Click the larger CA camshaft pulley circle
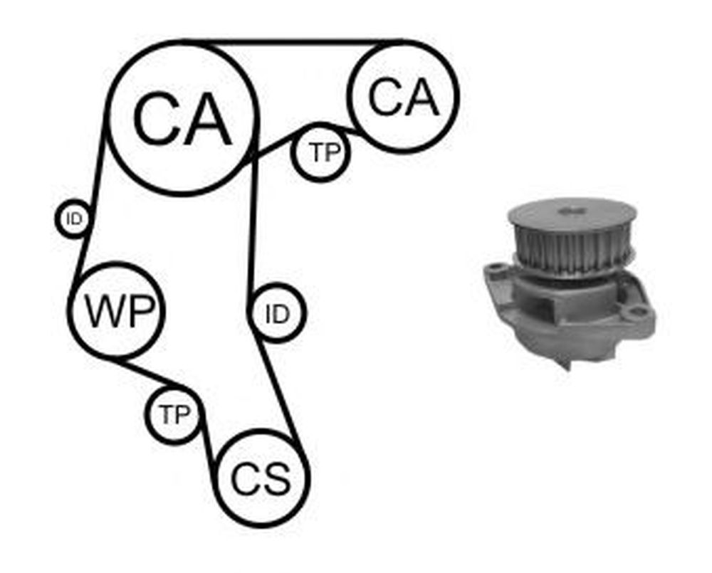182,118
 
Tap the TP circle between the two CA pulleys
321,152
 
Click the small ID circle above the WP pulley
73,219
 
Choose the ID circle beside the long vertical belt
277,313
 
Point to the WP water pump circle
118,310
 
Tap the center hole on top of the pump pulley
571,211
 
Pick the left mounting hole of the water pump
497,269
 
